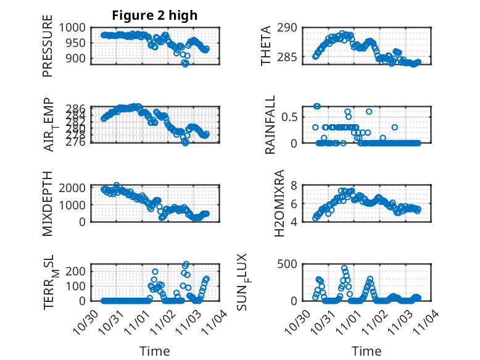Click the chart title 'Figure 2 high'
[x=155, y=15]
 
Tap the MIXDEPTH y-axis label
[x=48, y=203]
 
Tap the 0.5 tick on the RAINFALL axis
[x=289, y=116]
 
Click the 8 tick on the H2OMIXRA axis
[x=294, y=185]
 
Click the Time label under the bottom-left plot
[x=155, y=351]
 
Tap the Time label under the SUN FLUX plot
[x=366, y=351]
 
